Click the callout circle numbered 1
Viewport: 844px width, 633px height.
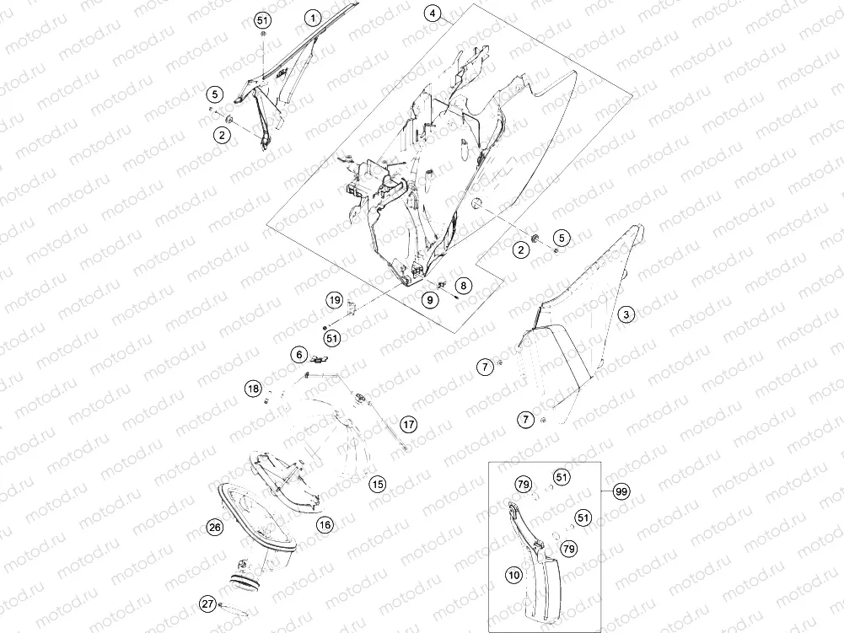(x=313, y=19)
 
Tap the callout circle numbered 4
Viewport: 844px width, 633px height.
(x=433, y=13)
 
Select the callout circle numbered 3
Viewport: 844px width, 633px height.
(x=626, y=314)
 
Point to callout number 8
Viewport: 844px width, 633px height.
(x=463, y=285)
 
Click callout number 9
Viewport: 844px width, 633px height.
(x=429, y=299)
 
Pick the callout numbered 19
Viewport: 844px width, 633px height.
(x=335, y=300)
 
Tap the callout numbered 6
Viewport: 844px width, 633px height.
(x=299, y=355)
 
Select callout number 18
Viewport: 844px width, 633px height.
(x=253, y=388)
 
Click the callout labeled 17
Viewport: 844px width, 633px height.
(x=409, y=424)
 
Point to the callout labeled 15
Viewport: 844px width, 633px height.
(x=378, y=484)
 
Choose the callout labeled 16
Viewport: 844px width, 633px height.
(x=325, y=524)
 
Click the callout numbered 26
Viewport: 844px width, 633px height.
(x=215, y=527)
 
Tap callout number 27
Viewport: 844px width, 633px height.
(x=208, y=604)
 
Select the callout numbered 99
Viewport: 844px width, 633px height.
(x=621, y=491)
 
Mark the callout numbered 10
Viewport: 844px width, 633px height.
(x=514, y=575)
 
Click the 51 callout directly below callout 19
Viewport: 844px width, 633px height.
(x=332, y=338)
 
